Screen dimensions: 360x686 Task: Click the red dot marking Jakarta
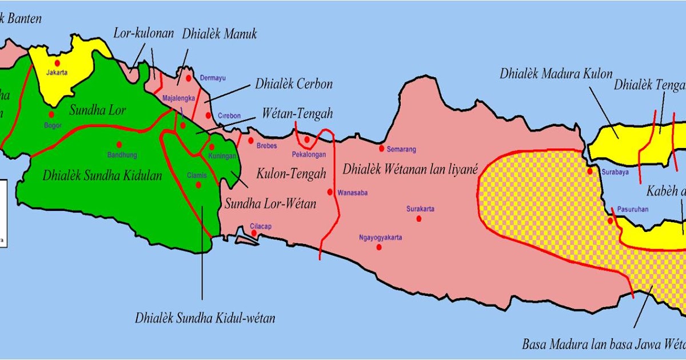[x=57, y=62]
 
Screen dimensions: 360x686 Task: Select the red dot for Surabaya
[x=589, y=171]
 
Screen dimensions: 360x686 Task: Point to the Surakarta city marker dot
[x=419, y=219]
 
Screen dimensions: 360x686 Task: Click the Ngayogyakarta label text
[x=381, y=237]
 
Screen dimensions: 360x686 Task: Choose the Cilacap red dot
[x=254, y=233]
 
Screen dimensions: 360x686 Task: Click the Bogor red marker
[x=51, y=114]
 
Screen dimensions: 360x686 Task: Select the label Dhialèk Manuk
[x=220, y=34]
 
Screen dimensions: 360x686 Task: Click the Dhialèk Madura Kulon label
[x=556, y=74]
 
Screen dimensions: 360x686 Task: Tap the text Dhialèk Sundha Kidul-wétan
[x=205, y=318]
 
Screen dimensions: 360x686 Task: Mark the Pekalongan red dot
[x=307, y=139]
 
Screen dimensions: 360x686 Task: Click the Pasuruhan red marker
[x=610, y=221]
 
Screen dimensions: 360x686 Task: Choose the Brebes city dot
[x=250, y=140]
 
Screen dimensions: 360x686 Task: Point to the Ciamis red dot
[x=198, y=185]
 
